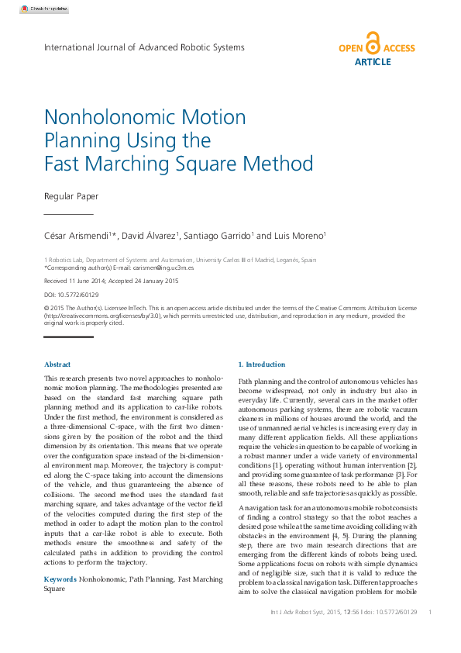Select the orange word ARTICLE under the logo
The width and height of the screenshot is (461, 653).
373,62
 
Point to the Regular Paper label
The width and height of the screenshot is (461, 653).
71,196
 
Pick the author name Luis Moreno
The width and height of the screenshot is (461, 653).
298,236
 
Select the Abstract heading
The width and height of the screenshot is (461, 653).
57,365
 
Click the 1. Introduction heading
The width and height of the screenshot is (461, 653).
261,365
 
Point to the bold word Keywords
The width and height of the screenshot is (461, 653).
60,579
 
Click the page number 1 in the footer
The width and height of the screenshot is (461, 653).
429,613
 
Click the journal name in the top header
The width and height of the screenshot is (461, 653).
144,47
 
